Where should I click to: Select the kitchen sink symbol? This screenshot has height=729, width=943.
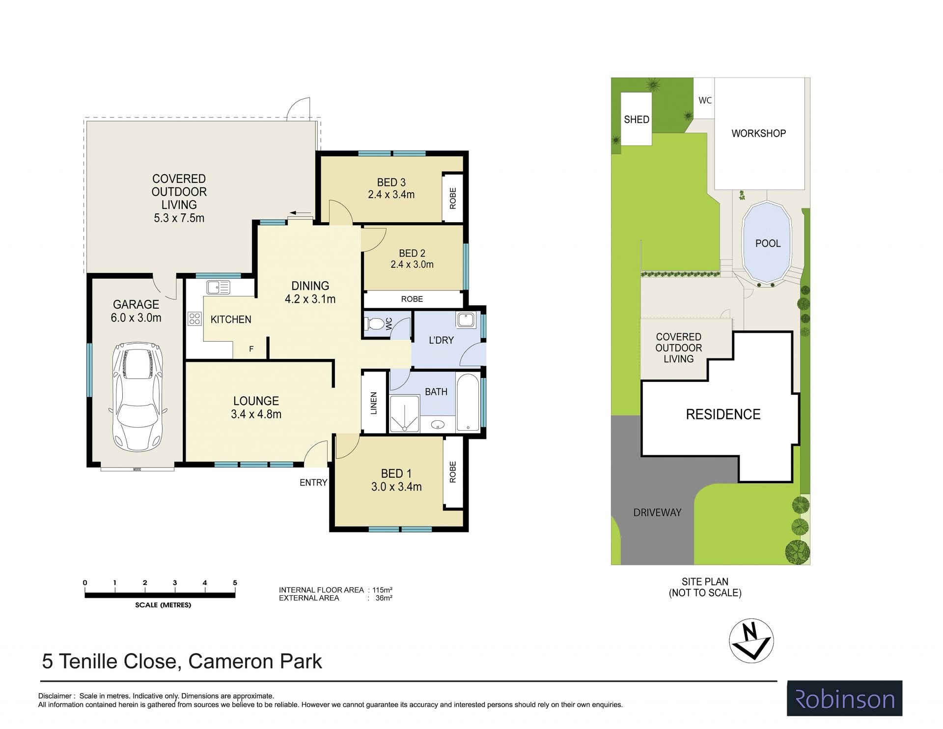218,287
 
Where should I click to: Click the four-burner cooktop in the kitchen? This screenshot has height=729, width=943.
194,319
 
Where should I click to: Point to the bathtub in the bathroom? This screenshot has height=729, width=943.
468,403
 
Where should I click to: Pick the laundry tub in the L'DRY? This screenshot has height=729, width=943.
465,320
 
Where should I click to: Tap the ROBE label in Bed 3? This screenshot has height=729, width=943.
453,198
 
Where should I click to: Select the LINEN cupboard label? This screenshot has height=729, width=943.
374,403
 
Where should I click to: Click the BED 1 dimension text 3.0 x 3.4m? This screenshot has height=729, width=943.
396,487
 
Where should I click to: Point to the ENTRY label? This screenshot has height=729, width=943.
313,483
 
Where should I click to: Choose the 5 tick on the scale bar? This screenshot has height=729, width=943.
235,583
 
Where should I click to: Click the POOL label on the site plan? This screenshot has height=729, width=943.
768,243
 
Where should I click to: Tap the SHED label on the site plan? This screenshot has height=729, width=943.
637,119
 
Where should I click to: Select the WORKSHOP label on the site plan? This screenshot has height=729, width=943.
759,133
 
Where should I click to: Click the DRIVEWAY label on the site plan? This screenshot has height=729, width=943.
657,512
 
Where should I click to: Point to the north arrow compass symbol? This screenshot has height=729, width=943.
751,641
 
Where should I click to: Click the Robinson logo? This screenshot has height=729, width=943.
845,699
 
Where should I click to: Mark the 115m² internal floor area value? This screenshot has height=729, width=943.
383,590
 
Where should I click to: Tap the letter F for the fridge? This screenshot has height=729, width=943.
251,349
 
